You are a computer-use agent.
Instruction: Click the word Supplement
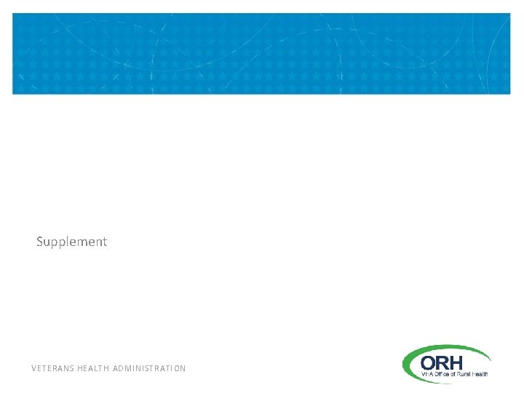[x=71, y=242]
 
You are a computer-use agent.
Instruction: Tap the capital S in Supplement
[x=40, y=241]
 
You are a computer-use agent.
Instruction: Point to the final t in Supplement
[x=104, y=242]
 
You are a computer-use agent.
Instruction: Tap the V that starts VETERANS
[x=34, y=368]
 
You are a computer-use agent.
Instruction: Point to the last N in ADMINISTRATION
[x=183, y=368]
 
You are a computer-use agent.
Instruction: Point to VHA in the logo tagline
[x=426, y=374]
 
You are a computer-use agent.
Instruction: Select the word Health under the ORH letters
[x=480, y=374]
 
